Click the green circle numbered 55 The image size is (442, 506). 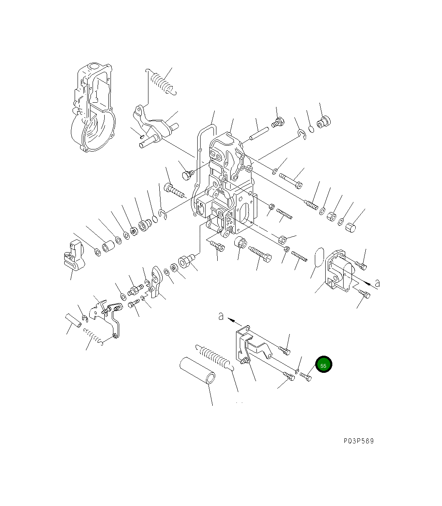click(x=324, y=365)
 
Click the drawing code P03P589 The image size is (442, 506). click(x=359, y=441)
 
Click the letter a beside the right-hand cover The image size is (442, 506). click(x=377, y=283)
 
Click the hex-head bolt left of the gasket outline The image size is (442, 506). click(x=187, y=175)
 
